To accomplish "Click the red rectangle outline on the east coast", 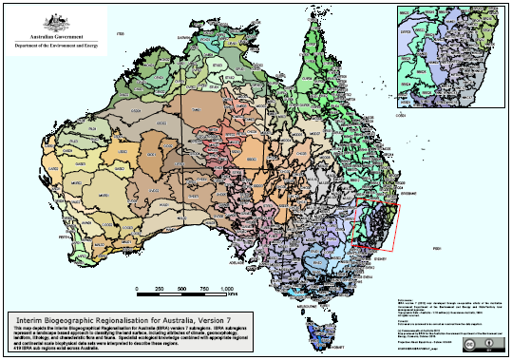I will point(377,226).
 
